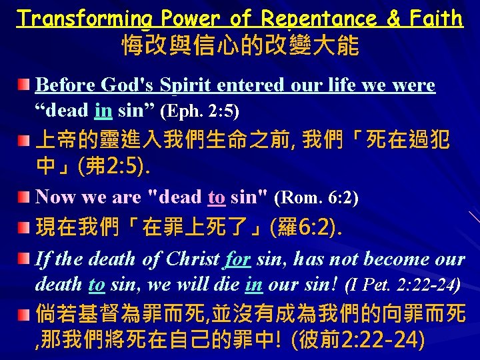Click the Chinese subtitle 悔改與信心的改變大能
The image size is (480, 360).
tap(240, 46)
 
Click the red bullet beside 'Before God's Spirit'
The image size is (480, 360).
tap(24, 85)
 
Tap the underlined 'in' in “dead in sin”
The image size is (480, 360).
tap(103, 109)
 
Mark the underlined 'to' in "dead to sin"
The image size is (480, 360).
tap(217, 197)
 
